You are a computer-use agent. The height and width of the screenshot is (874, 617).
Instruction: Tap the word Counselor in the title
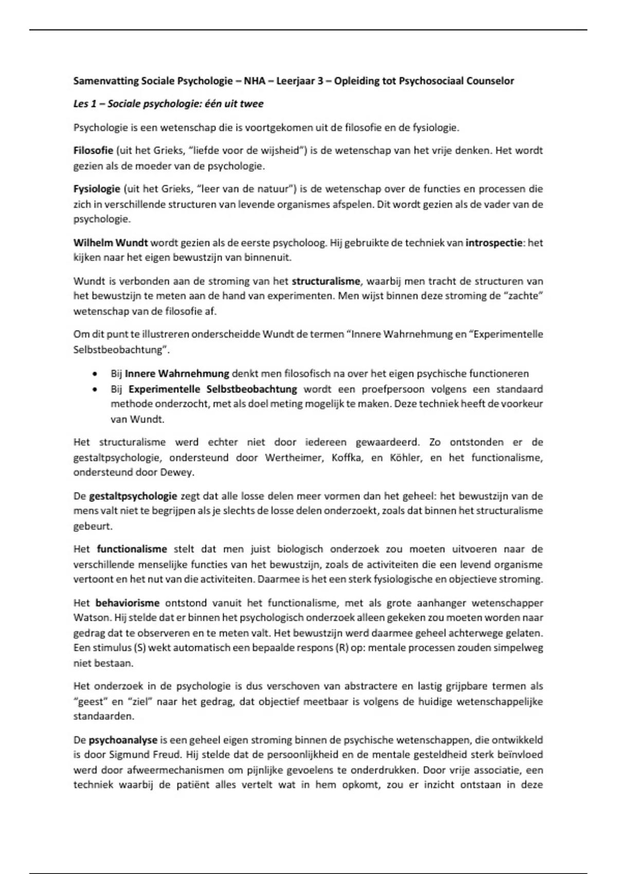(x=490, y=81)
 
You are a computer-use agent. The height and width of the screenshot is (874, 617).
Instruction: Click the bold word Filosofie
(x=93, y=151)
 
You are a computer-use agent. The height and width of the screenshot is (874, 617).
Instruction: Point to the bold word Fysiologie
(x=96, y=189)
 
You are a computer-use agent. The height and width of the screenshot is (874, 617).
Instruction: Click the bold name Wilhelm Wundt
(x=111, y=243)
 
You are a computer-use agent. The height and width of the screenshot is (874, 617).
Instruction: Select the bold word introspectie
(x=494, y=243)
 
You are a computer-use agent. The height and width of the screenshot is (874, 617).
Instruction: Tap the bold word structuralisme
(x=326, y=281)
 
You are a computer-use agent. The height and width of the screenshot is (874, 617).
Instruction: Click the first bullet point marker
(x=94, y=374)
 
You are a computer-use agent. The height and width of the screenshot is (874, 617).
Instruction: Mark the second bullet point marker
(x=94, y=390)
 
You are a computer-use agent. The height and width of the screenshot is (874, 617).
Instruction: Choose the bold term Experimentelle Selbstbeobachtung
(x=212, y=389)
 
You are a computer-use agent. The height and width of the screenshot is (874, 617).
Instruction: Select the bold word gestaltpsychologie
(x=133, y=496)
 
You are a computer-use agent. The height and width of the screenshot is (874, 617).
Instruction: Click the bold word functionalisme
(x=132, y=549)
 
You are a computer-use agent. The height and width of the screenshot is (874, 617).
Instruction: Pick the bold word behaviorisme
(x=128, y=603)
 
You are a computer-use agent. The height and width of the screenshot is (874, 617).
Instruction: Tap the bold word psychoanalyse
(x=123, y=740)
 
